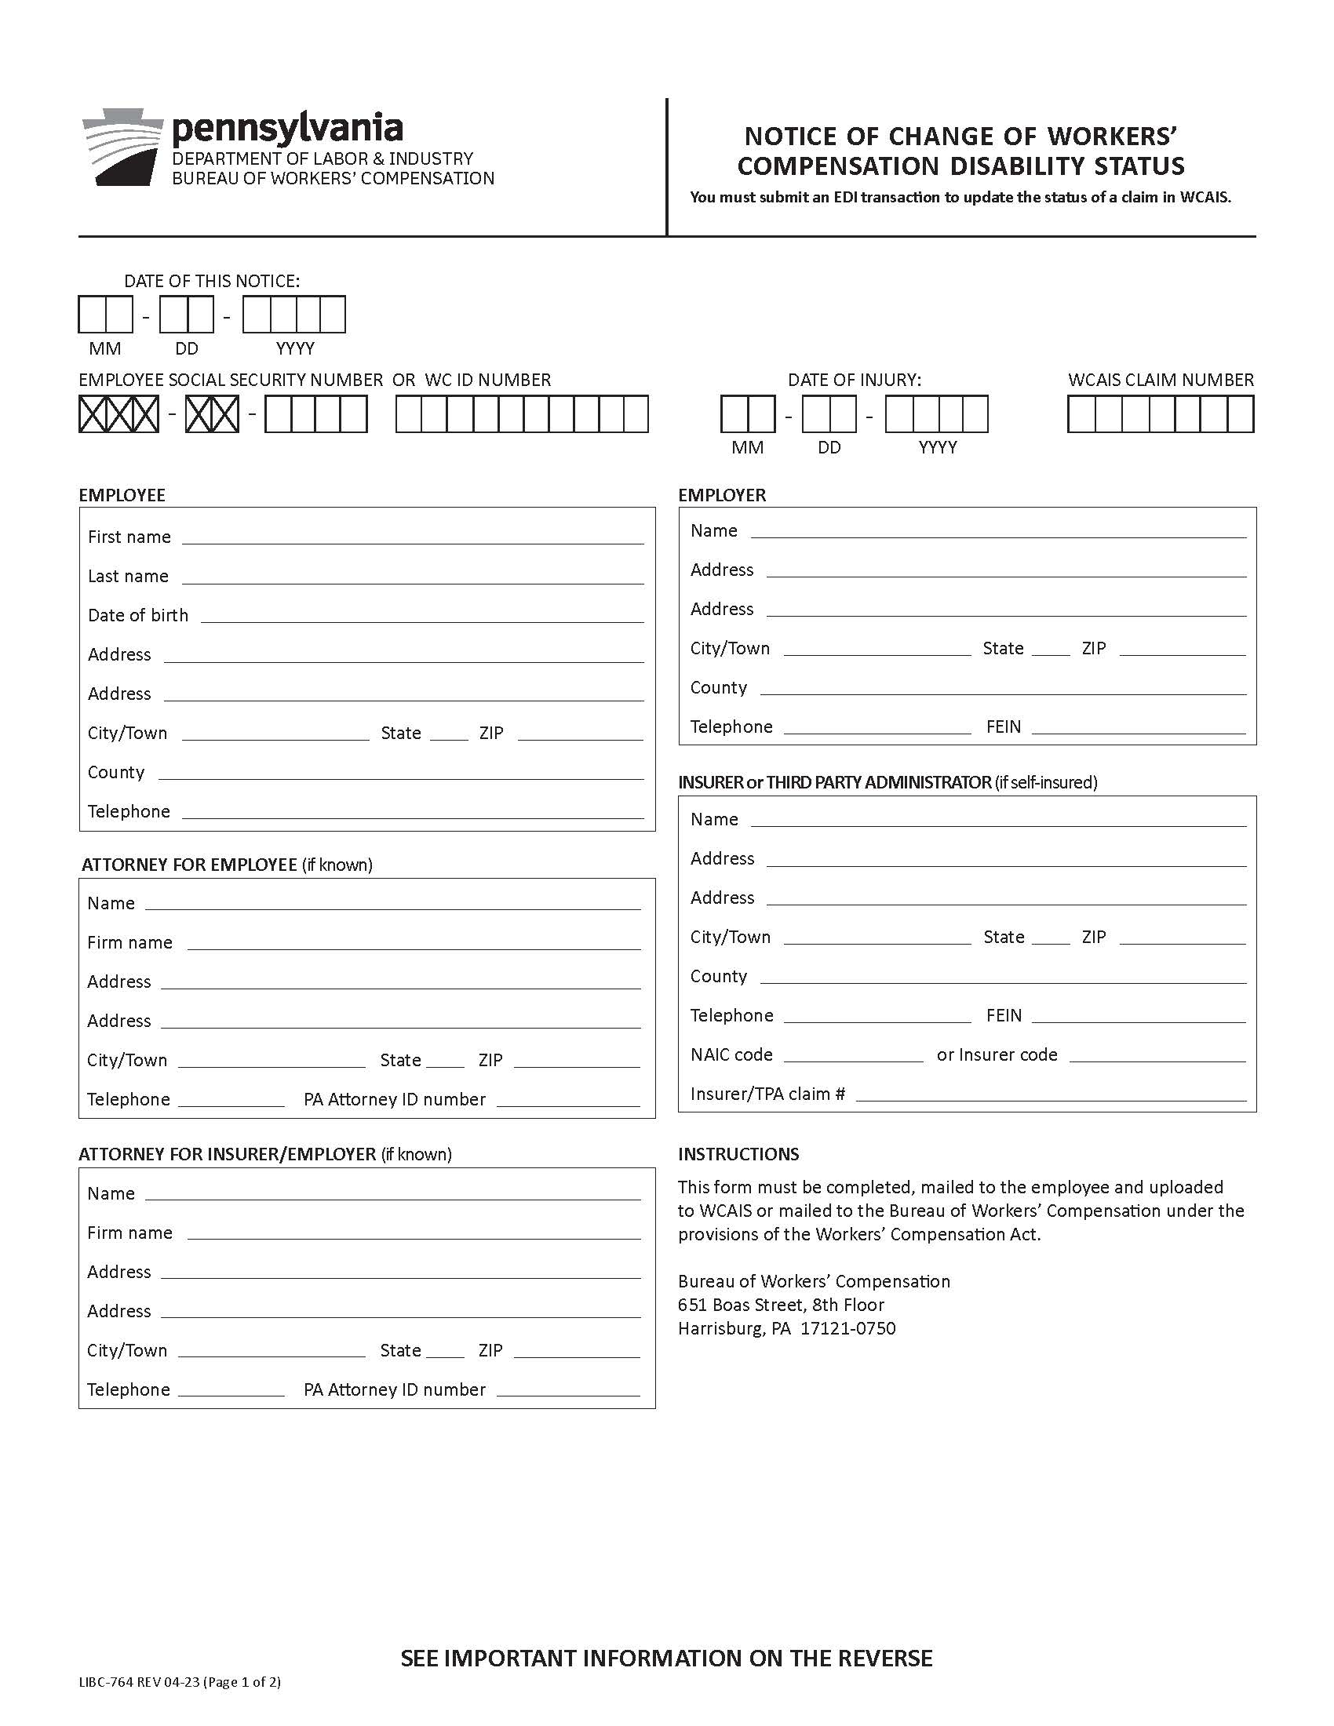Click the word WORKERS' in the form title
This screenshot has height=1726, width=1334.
(1112, 137)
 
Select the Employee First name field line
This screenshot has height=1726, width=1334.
(413, 537)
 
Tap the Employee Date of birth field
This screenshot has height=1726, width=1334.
(422, 615)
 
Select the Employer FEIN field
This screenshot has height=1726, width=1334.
(1138, 726)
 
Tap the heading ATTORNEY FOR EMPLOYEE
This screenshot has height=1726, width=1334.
(190, 865)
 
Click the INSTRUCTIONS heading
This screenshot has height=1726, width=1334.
(738, 1154)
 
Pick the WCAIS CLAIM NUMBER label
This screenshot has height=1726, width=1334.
(1160, 381)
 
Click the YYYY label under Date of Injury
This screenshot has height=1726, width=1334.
(937, 448)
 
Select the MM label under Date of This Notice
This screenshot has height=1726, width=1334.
(105, 348)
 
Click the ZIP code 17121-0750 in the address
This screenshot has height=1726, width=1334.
(848, 1328)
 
